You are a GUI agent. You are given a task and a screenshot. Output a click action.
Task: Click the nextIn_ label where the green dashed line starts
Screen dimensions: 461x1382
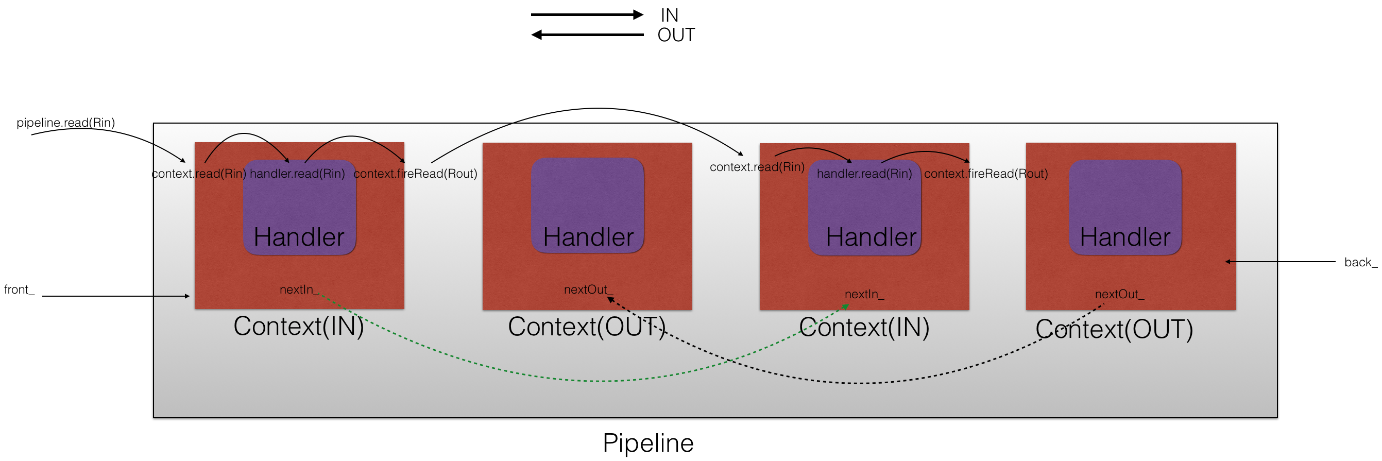click(x=299, y=290)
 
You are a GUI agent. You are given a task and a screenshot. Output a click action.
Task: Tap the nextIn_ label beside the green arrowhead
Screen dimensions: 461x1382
click(x=864, y=294)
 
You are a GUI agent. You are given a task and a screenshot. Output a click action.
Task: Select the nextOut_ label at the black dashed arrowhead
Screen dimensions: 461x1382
click(x=587, y=290)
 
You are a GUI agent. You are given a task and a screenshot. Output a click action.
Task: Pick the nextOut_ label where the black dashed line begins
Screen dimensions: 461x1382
click(x=1119, y=294)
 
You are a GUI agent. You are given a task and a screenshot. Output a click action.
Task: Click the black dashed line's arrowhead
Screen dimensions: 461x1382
click(x=610, y=299)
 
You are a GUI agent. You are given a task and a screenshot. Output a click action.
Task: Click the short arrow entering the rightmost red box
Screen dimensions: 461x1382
click(x=1250, y=262)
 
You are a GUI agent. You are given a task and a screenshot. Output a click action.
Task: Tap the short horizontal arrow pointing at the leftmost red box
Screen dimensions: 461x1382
click(x=172, y=296)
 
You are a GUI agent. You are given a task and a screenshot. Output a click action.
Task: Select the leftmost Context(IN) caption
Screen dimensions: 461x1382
click(x=298, y=326)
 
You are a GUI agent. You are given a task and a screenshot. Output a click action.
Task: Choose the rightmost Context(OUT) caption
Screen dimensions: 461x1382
click(x=1114, y=329)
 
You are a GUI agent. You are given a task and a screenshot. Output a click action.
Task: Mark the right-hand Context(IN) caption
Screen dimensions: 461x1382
click(x=864, y=328)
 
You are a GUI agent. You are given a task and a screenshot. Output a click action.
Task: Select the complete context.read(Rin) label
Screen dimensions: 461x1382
click(x=757, y=167)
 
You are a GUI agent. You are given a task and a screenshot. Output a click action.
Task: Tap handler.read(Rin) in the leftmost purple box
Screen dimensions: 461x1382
click(x=297, y=174)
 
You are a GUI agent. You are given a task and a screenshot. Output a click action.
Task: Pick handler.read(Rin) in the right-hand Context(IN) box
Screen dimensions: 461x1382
click(x=864, y=174)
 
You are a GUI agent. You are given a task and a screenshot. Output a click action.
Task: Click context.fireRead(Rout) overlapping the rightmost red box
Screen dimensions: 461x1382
click(x=985, y=174)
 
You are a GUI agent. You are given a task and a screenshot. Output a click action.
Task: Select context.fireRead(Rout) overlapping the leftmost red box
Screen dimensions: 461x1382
click(x=415, y=174)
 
